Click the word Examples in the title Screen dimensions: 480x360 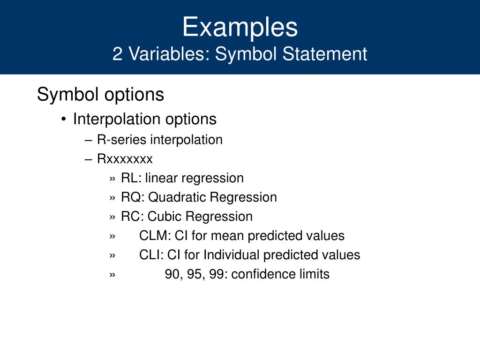click(x=240, y=28)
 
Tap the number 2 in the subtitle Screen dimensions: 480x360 click(x=118, y=54)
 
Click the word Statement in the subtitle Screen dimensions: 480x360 click(x=324, y=54)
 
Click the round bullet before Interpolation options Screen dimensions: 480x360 click(x=64, y=119)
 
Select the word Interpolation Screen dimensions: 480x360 click(x=117, y=119)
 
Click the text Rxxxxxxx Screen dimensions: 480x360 click(x=125, y=159)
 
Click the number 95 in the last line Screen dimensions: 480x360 click(x=194, y=274)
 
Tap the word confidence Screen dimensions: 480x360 click(x=263, y=274)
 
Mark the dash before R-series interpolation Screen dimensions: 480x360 click(x=89, y=140)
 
